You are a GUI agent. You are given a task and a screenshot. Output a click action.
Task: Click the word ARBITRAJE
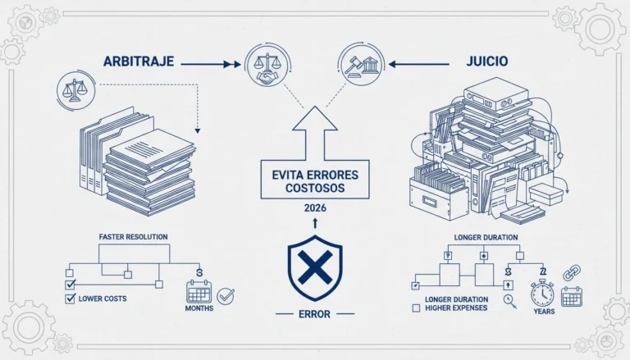pyautogui.click(x=139, y=62)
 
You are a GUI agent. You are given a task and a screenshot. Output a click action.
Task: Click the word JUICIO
pyautogui.click(x=487, y=61)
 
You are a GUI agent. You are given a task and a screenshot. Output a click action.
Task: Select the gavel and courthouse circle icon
pyautogui.click(x=361, y=65)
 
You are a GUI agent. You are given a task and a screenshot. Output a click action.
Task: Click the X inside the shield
pyautogui.click(x=315, y=267)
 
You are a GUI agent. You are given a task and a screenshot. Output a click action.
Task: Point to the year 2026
pyautogui.click(x=315, y=208)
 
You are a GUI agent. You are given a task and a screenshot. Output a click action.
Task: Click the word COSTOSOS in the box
pyautogui.click(x=315, y=188)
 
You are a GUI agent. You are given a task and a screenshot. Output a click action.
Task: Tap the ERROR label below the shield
pyautogui.click(x=315, y=314)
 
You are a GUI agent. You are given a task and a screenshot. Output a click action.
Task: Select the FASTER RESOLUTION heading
pyautogui.click(x=134, y=237)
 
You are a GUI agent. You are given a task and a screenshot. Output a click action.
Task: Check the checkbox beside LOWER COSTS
pyautogui.click(x=71, y=298)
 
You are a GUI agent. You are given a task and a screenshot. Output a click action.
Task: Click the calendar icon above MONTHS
pyautogui.click(x=199, y=292)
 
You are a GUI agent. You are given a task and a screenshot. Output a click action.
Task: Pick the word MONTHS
pyautogui.click(x=199, y=308)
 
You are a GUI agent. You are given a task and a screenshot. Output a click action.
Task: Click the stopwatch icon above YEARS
pyautogui.click(x=542, y=294)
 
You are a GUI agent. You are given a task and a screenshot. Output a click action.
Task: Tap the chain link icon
pyautogui.click(x=571, y=273)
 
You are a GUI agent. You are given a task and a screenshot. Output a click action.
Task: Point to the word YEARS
pyautogui.click(x=545, y=312)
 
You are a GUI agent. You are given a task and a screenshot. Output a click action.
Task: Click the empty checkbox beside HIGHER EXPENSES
pyautogui.click(x=416, y=308)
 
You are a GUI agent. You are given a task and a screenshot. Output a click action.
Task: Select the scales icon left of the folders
pyautogui.click(x=76, y=90)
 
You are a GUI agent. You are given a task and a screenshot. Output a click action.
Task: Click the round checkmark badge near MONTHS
pyautogui.click(x=226, y=297)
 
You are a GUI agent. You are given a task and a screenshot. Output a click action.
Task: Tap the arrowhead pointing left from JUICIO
pyautogui.click(x=393, y=64)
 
